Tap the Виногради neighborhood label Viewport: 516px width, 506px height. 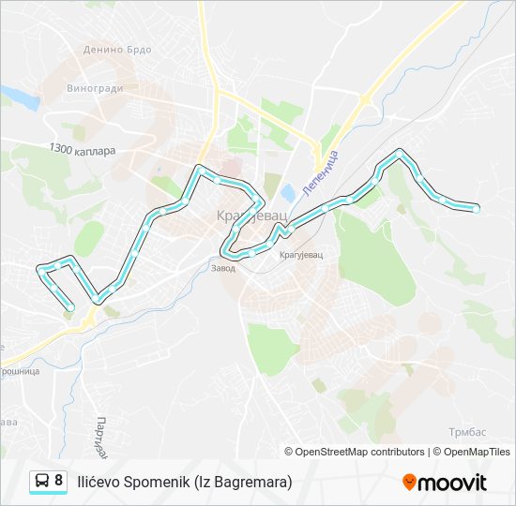pos(95,90)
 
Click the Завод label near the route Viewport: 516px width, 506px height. pos(222,267)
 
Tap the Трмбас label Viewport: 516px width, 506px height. pos(466,431)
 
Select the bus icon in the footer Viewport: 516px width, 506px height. pos(42,482)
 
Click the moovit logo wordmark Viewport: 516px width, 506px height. pos(452,483)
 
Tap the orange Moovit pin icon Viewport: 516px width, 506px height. pos(409,482)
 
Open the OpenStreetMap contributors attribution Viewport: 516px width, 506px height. pos(360,452)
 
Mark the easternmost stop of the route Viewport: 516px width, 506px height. pos(477,209)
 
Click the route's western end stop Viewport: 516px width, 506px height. pos(71,306)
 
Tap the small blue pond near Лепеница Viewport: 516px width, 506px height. pos(287,192)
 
